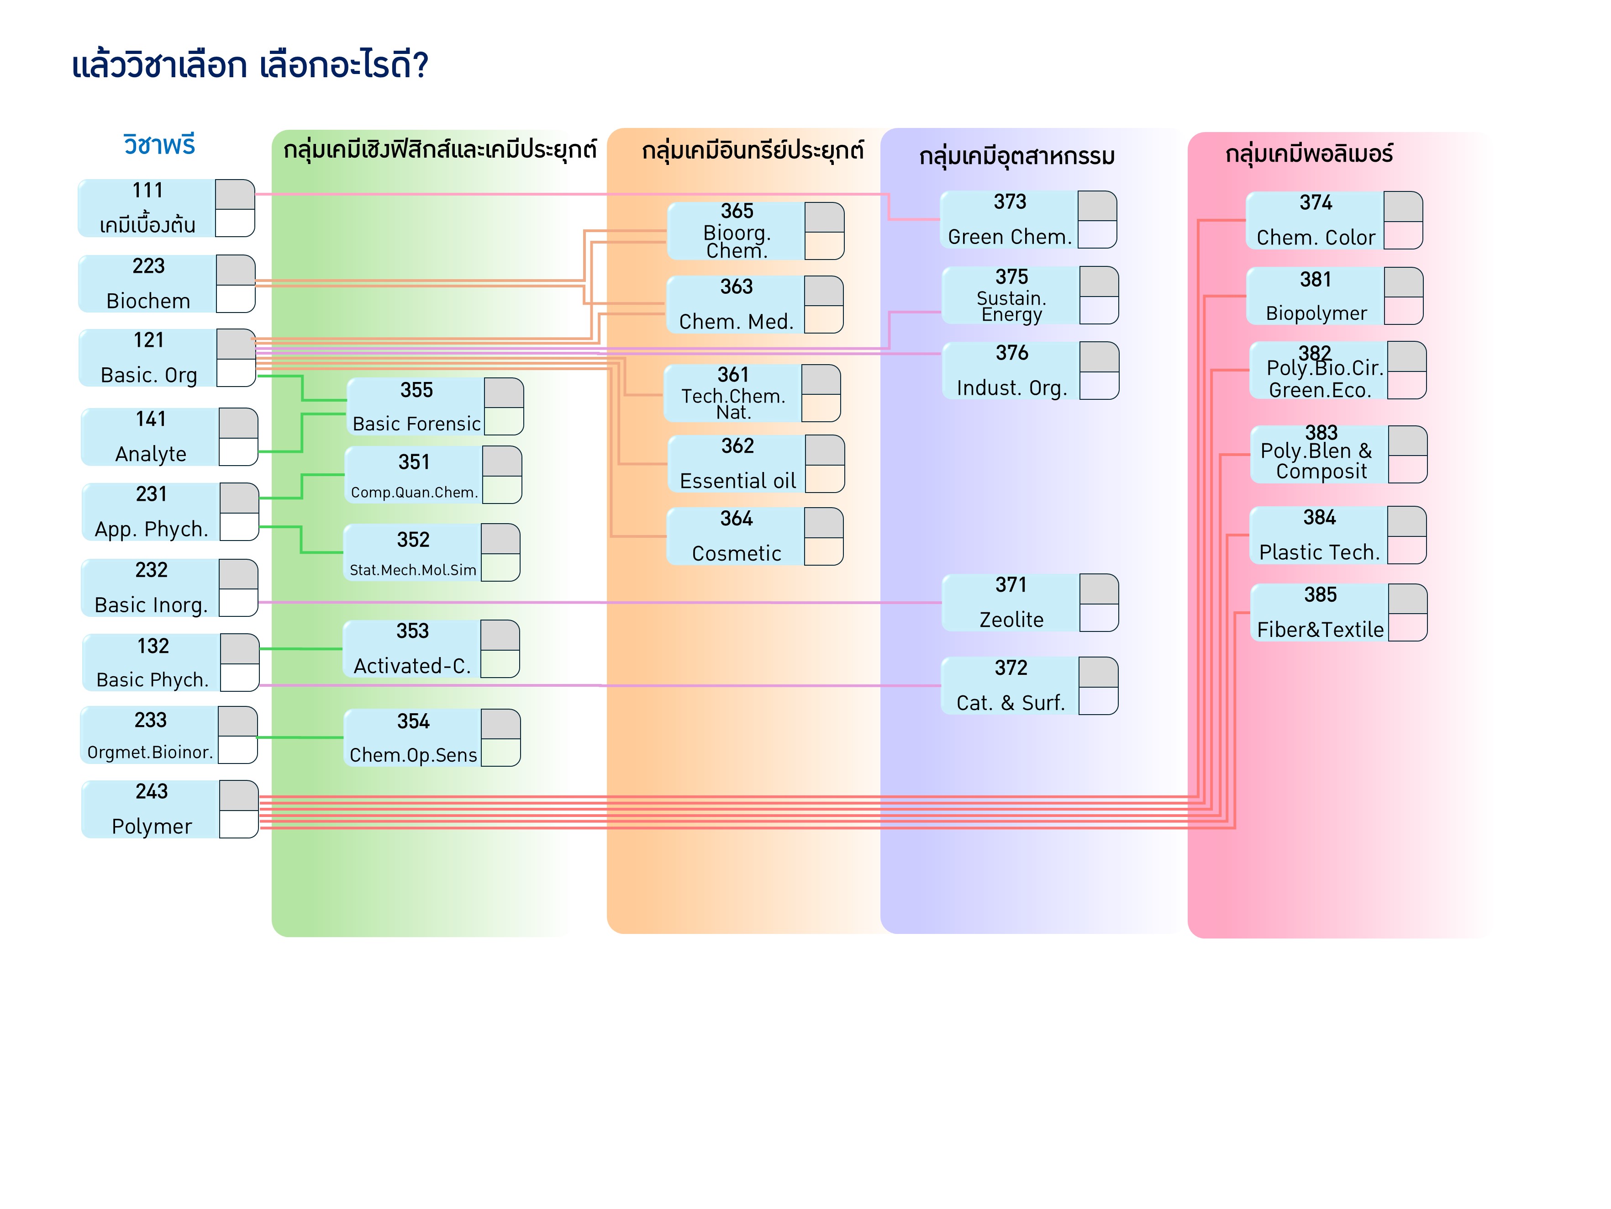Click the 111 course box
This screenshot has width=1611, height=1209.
tap(148, 208)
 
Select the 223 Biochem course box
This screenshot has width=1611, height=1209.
tap(148, 283)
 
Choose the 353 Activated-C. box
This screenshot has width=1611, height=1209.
tap(412, 648)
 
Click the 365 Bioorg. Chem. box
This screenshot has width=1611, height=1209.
tap(736, 231)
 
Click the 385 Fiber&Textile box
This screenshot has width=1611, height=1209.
tap(1320, 612)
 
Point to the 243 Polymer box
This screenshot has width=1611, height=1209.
tap(152, 809)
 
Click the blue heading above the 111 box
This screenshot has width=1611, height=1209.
tap(159, 145)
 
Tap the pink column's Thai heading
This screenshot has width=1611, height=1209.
tap(1309, 154)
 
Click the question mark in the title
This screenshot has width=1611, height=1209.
tap(420, 66)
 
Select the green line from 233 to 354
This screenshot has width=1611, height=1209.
tap(300, 737)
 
